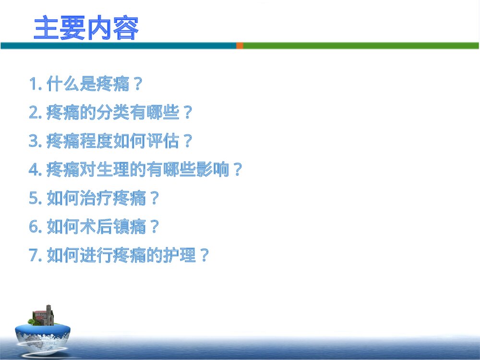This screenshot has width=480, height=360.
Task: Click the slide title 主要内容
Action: click(x=86, y=28)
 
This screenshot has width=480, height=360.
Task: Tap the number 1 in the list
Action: click(x=33, y=85)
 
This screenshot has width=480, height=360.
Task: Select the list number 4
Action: click(x=33, y=170)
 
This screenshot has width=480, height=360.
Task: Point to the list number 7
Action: click(x=33, y=255)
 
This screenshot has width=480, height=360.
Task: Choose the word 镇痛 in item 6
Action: click(x=130, y=227)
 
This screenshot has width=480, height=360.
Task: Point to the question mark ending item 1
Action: click(x=137, y=85)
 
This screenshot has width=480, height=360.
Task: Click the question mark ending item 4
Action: click(x=237, y=170)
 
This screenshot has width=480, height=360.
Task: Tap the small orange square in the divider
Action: click(x=240, y=46)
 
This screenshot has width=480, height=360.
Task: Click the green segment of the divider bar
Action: click(x=360, y=46)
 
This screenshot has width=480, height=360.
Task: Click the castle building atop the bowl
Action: click(x=45, y=315)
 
